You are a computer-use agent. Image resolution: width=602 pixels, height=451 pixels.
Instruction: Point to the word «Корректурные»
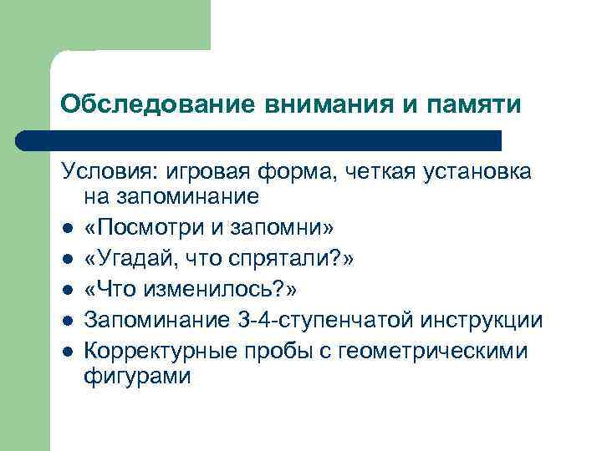click(162, 351)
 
